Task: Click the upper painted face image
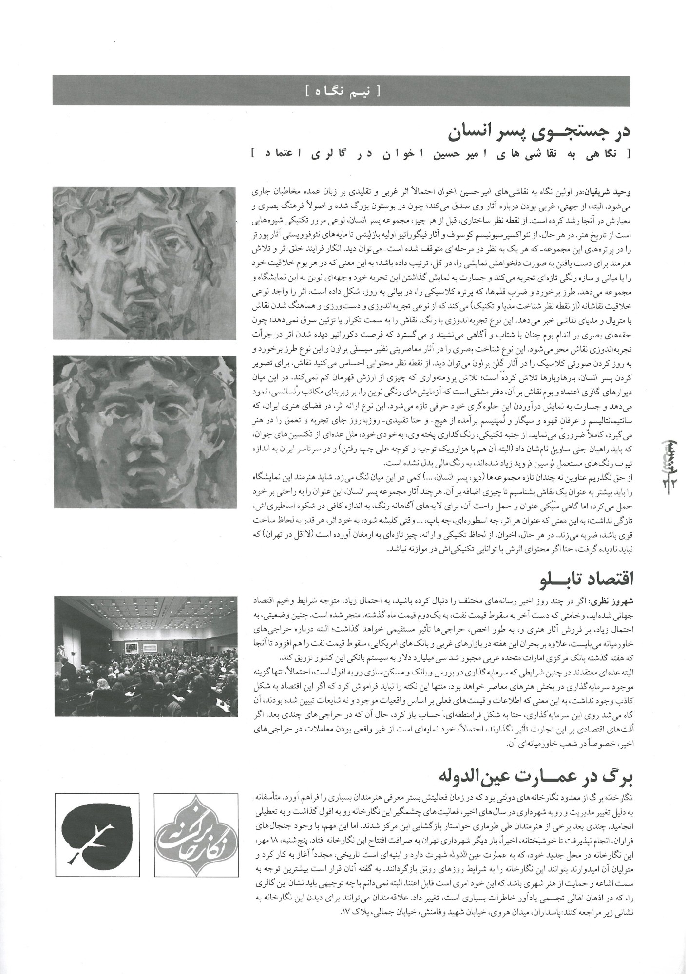pos(145,263)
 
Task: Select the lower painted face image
pos(145,431)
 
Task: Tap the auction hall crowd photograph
pos(145,656)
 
